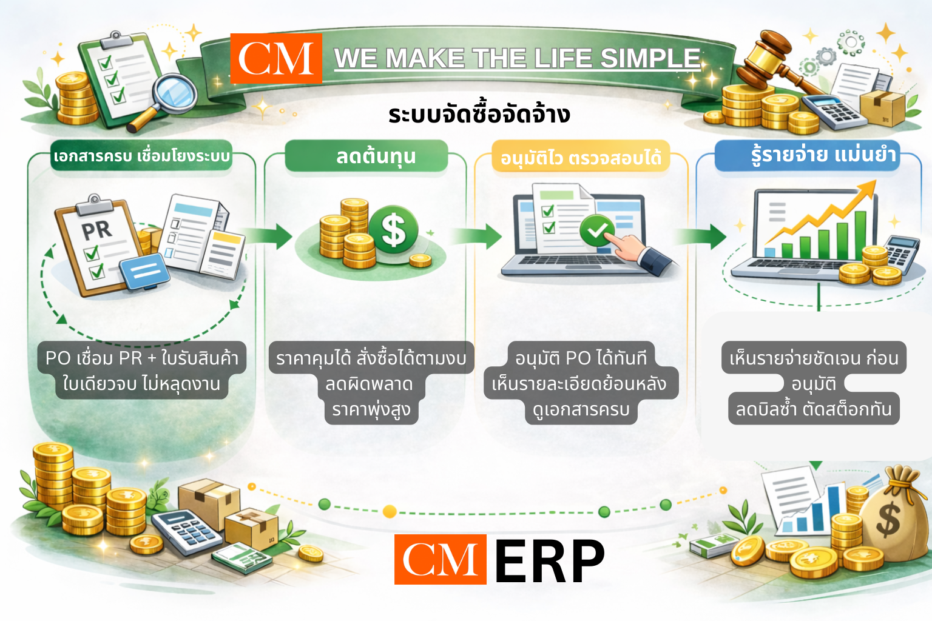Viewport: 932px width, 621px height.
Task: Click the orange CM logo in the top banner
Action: (x=276, y=58)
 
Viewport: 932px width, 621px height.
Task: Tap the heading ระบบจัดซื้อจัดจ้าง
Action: (x=479, y=115)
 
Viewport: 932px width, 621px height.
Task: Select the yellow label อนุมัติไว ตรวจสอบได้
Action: (x=581, y=157)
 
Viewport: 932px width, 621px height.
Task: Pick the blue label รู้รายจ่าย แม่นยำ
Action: (x=807, y=156)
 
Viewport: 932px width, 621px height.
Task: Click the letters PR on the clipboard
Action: (x=96, y=230)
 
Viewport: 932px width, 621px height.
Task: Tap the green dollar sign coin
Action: (x=393, y=230)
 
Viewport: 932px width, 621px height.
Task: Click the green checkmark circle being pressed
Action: (x=597, y=230)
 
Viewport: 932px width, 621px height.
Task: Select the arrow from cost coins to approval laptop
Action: (x=476, y=237)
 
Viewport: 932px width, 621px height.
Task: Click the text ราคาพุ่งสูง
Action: (x=371, y=409)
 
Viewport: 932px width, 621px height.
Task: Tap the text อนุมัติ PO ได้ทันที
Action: (x=581, y=358)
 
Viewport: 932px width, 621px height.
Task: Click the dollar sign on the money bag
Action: (x=889, y=520)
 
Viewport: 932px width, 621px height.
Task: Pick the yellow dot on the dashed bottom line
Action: (x=390, y=511)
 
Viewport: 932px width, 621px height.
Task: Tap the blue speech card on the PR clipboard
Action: (x=145, y=272)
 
